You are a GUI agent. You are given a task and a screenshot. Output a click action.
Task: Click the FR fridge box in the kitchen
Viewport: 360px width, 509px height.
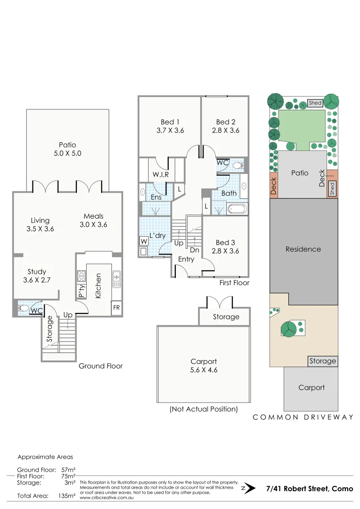[116, 307]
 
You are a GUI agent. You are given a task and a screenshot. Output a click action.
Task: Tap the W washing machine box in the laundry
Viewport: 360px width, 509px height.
[143, 241]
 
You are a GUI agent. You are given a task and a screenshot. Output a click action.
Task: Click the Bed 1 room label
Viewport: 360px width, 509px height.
[170, 122]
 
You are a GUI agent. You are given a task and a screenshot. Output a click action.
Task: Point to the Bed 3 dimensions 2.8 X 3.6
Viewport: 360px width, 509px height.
[225, 251]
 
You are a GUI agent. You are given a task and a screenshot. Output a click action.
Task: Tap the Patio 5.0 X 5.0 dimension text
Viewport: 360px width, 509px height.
[67, 154]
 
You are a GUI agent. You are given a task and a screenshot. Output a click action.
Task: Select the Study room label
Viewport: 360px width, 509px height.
[37, 271]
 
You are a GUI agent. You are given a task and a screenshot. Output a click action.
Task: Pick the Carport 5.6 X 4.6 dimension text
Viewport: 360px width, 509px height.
[204, 370]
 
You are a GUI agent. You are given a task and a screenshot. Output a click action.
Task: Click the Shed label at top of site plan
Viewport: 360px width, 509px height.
[315, 103]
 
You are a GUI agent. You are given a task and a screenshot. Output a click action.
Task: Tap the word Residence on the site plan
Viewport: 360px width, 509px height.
[303, 249]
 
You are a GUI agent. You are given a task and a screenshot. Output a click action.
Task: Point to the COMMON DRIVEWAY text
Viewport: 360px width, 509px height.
[303, 417]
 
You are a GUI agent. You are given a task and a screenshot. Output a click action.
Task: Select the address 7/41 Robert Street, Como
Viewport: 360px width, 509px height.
[309, 489]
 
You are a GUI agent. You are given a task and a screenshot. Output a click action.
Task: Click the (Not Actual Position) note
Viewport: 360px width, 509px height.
[204, 409]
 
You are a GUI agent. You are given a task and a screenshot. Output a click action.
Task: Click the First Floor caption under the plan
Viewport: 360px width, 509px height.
[234, 283]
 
